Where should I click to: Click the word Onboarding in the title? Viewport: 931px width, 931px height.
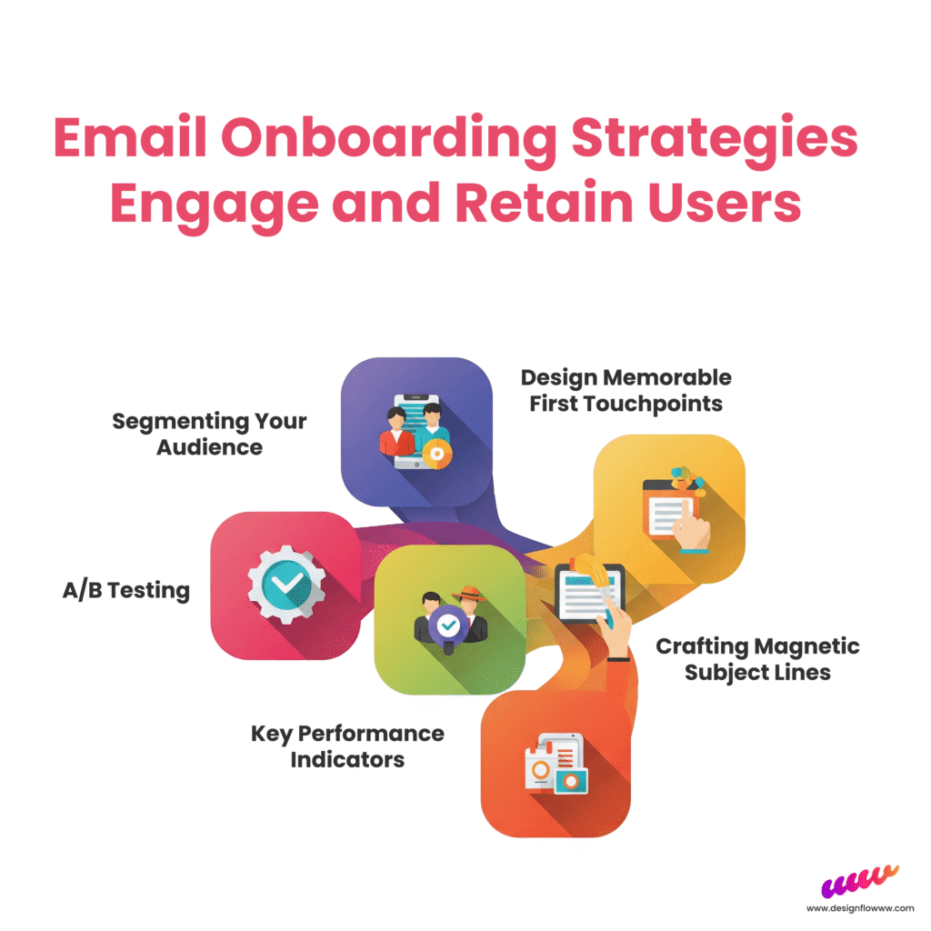[x=389, y=138]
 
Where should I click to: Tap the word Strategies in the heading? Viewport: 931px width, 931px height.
[x=715, y=138]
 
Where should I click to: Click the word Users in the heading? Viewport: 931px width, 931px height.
[x=725, y=202]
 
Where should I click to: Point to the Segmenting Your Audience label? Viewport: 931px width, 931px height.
[x=210, y=434]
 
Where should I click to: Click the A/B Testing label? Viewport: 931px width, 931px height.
[x=125, y=591]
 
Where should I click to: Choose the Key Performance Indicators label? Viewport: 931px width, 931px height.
[x=347, y=746]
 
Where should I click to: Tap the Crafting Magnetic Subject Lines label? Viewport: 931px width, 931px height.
[x=757, y=659]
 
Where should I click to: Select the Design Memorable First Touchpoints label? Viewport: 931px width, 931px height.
[x=626, y=390]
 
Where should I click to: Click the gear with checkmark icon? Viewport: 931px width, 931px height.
[x=286, y=585]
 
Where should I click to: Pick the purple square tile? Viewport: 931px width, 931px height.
[x=416, y=432]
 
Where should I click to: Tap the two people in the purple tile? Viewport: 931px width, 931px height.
[x=415, y=430]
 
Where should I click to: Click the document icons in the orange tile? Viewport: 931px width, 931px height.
[x=556, y=764]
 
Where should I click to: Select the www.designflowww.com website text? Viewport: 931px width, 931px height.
[x=860, y=908]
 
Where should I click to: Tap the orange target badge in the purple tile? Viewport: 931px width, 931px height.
[x=437, y=455]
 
